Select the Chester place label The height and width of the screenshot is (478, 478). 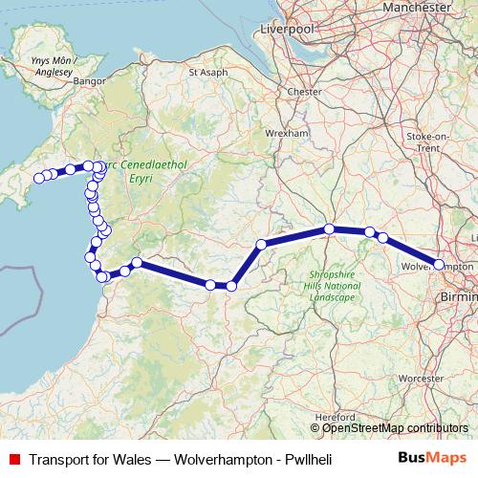304,92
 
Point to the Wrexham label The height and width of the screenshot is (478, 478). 287,133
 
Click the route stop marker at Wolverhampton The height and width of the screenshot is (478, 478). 439,264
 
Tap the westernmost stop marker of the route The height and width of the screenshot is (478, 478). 40,178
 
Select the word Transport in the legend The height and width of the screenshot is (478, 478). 59,460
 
